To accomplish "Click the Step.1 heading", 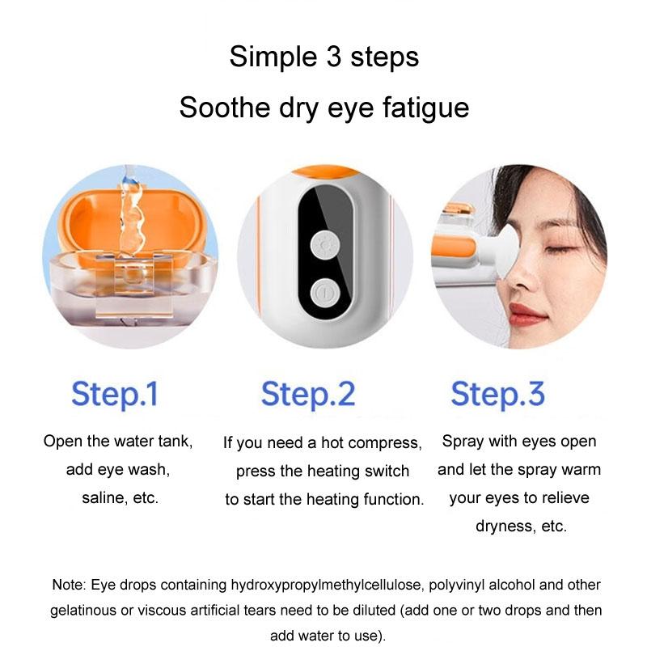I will (114, 394).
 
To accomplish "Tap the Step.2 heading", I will (308, 394).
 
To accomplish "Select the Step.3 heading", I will (497, 394).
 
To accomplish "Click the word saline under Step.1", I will (104, 497).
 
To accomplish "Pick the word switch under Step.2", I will (389, 471).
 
